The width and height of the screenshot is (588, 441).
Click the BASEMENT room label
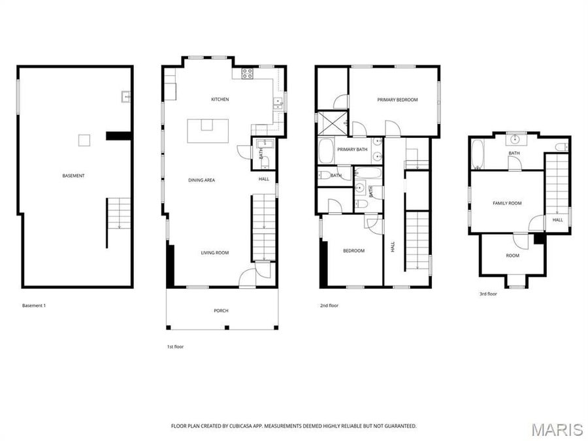[x=74, y=176]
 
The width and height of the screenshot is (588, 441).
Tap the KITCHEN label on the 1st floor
[x=220, y=99]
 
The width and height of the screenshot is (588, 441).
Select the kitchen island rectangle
[x=208, y=131]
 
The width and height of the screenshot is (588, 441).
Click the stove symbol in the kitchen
[x=248, y=73]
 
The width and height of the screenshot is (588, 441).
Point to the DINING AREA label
[x=202, y=180]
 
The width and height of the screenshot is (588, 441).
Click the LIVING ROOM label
[x=214, y=253]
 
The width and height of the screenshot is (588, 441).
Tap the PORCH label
[x=221, y=310]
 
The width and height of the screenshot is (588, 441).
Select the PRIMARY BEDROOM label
[x=397, y=100]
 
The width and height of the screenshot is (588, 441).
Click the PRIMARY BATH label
[x=351, y=150]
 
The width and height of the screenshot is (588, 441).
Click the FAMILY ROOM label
[x=507, y=203]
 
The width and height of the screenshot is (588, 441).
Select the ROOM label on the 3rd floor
[x=513, y=255]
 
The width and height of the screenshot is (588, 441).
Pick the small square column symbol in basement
[x=84, y=139]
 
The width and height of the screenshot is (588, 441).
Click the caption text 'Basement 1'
[x=34, y=305]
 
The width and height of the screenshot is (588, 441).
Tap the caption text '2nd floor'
[x=329, y=305]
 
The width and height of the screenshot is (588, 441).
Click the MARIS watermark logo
[x=556, y=429]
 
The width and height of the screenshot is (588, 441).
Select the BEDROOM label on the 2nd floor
[x=353, y=250]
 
